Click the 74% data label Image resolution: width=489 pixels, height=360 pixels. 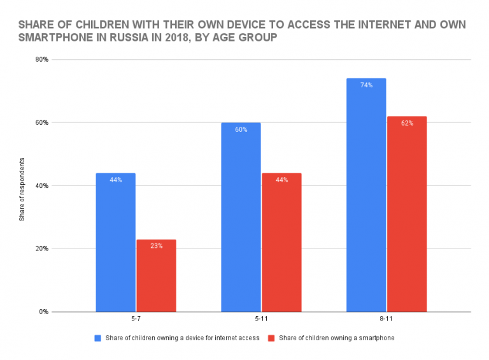(366, 85)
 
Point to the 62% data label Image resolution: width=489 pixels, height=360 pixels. (407, 123)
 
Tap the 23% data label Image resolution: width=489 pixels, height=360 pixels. (156, 246)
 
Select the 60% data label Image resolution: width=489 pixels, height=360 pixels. (241, 129)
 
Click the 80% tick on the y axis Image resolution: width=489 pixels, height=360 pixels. (42, 60)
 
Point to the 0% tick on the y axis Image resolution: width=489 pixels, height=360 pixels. (44, 312)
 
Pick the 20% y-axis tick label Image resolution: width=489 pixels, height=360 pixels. (42, 249)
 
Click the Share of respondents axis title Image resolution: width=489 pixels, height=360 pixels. (22, 186)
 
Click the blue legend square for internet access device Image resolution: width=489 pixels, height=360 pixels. (97, 338)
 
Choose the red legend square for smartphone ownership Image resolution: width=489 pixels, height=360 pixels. (271, 338)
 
